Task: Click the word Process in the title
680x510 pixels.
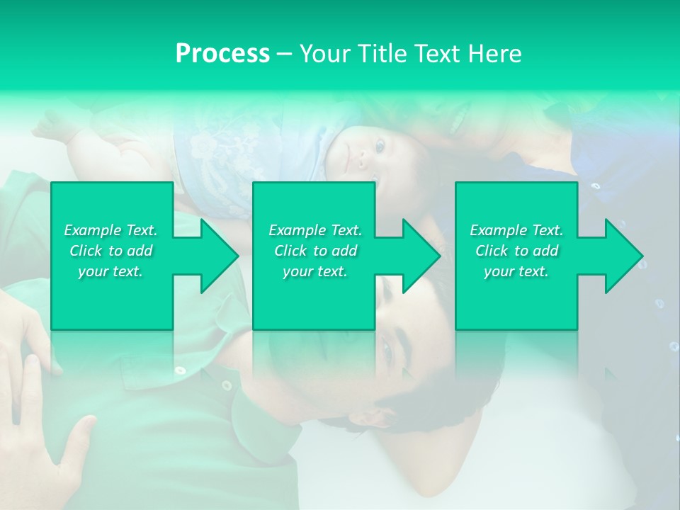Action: [222, 53]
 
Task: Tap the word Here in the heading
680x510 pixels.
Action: [494, 53]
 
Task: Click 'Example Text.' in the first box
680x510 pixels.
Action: [110, 230]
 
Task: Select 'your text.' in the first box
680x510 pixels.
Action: [110, 271]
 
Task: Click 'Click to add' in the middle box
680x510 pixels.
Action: [315, 251]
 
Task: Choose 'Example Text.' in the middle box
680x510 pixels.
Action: [315, 230]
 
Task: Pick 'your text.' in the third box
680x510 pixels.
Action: [516, 271]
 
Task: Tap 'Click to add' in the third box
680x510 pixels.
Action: [516, 251]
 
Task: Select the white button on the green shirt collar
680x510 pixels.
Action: [226, 385]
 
